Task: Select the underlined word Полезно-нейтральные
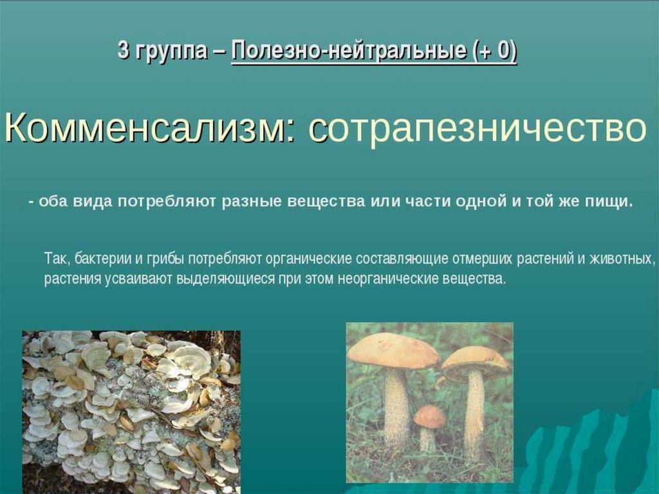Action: pyautogui.click(x=348, y=52)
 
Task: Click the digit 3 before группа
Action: pyautogui.click(x=123, y=50)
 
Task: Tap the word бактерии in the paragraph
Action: pyautogui.click(x=104, y=258)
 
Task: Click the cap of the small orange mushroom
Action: pyautogui.click(x=429, y=416)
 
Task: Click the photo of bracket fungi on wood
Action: pyautogui.click(x=131, y=412)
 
